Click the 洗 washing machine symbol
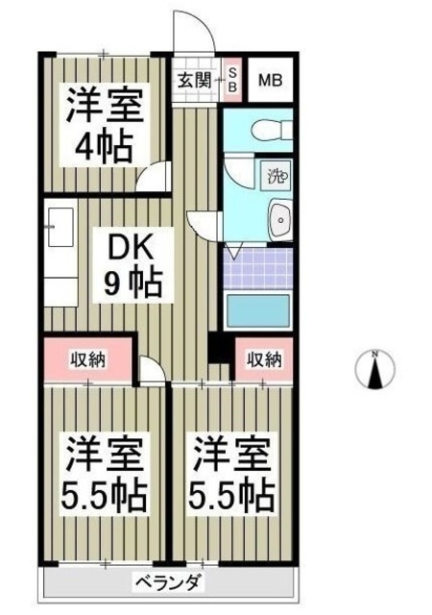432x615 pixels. point(276,176)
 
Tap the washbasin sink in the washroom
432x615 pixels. point(278,220)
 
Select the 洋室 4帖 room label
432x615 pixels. point(105,123)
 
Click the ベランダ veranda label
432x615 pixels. point(167,581)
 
